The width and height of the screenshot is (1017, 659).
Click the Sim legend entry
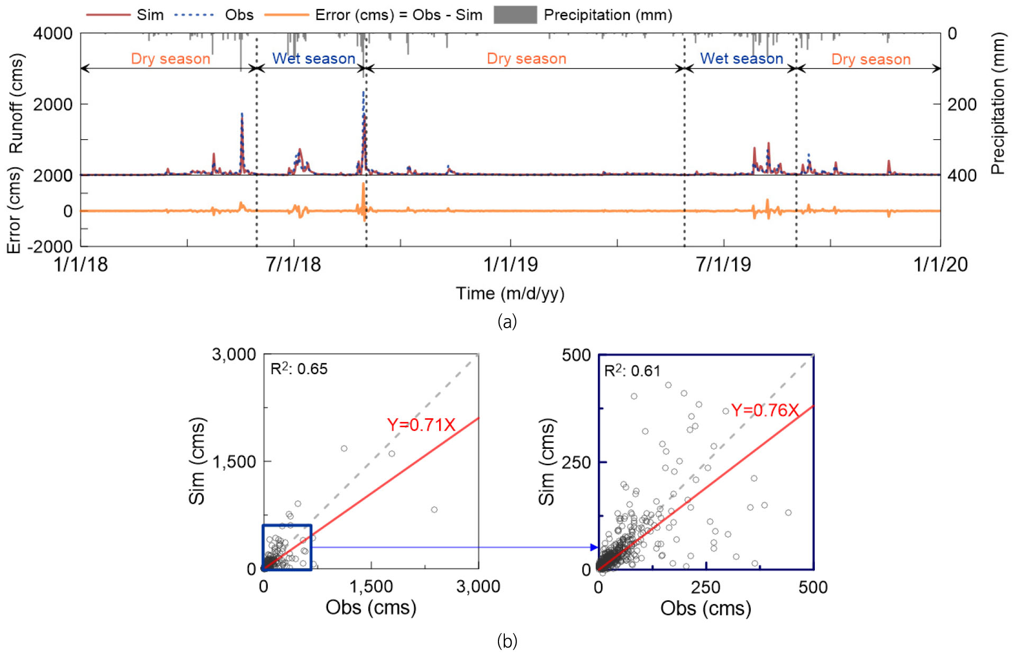pyautogui.click(x=125, y=15)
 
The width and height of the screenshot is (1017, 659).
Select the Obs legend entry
pyautogui.click(x=214, y=15)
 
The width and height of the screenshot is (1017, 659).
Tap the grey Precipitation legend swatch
pyautogui.click(x=514, y=15)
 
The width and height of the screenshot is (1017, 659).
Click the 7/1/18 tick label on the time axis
pyautogui.click(x=293, y=265)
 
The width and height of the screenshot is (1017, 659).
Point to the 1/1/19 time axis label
pyautogui.click(x=510, y=265)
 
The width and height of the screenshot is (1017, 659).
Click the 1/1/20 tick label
pyautogui.click(x=940, y=265)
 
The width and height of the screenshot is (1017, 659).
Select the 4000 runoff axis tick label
pyautogui.click(x=53, y=33)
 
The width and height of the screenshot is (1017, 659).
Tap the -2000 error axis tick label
pyautogui.click(x=50, y=247)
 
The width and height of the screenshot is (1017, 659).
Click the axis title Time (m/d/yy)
pyautogui.click(x=510, y=293)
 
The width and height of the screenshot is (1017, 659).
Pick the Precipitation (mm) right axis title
pyautogui.click(x=998, y=104)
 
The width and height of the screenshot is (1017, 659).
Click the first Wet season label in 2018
pyautogui.click(x=313, y=58)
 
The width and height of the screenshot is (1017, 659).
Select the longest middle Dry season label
pyautogui.click(x=526, y=58)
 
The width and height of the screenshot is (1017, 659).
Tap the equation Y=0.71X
pyautogui.click(x=421, y=425)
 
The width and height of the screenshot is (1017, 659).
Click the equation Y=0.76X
pyautogui.click(x=765, y=410)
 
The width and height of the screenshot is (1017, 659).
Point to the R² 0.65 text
pyautogui.click(x=299, y=368)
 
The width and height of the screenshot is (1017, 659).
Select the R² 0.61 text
pyautogui.click(x=632, y=371)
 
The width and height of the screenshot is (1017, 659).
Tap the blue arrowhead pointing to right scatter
pyautogui.click(x=594, y=547)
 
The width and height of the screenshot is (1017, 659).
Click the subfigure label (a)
pyautogui.click(x=507, y=321)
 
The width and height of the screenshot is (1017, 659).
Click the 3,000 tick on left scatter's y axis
pyautogui.click(x=234, y=354)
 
